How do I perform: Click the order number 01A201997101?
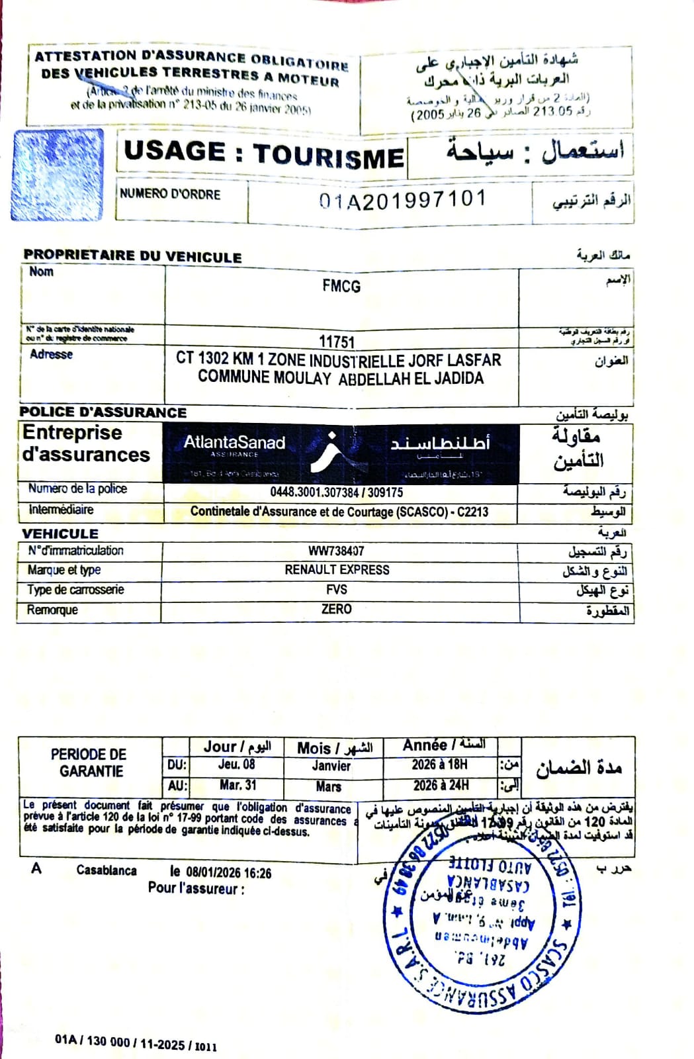pos(402,199)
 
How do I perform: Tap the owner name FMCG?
pos(341,286)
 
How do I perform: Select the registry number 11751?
pos(337,342)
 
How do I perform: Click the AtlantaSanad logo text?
pos(234,443)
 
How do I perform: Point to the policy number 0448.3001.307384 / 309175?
pos(336,492)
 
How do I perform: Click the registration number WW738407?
pos(336,551)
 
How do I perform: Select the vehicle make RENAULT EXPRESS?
pos(337,570)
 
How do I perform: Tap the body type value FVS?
pos(336,589)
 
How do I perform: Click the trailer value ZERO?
pos(336,609)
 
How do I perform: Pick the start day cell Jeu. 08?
pos(236,764)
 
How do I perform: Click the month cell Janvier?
pos(331,766)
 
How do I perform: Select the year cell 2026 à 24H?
pos(440,786)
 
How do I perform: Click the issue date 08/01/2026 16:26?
pos(228,873)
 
